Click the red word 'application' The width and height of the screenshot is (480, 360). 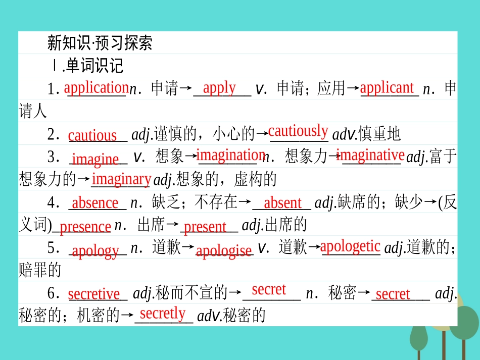click(x=96, y=87)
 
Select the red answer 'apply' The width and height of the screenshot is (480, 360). click(x=219, y=88)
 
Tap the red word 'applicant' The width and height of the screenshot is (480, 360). click(x=387, y=87)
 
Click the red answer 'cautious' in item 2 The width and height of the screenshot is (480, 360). click(x=92, y=135)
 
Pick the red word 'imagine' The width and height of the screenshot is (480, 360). click(x=95, y=159)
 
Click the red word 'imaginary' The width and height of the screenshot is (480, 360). click(x=121, y=179)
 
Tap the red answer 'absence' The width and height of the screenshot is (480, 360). click(x=95, y=203)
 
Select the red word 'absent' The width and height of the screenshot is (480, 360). click(x=282, y=203)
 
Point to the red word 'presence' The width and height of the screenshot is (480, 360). click(x=85, y=227)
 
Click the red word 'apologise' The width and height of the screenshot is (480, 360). click(x=223, y=250)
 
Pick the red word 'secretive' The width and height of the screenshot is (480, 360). click(x=94, y=293)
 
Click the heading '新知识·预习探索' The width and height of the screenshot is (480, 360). click(x=100, y=42)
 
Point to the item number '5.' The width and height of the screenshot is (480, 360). click(x=54, y=249)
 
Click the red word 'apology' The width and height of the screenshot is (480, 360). click(x=95, y=250)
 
